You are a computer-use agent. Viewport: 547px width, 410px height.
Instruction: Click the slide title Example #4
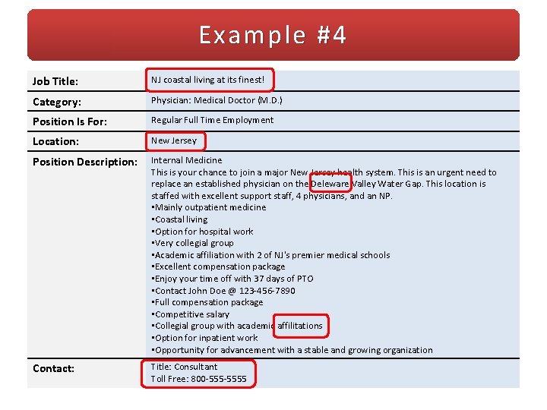[x=273, y=36]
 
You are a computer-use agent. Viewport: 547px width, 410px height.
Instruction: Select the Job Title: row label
[x=55, y=80]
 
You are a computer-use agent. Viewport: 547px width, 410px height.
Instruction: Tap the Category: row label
[x=57, y=102]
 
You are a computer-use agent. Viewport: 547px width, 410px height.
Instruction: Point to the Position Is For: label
[x=69, y=121]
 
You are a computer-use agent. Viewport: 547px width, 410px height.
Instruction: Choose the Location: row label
[x=55, y=141]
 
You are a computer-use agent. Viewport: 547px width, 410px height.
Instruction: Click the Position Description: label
[x=85, y=162]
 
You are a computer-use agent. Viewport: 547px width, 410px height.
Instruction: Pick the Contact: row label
[x=53, y=368]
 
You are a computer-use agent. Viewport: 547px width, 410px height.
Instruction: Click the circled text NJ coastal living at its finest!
[x=207, y=80]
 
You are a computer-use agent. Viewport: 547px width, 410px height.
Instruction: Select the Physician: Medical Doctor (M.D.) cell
[x=217, y=100]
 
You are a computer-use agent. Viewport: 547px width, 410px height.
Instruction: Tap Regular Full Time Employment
[x=212, y=120]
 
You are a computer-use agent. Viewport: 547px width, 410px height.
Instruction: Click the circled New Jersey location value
[x=174, y=140]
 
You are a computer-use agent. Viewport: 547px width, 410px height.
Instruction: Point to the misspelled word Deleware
[x=330, y=184]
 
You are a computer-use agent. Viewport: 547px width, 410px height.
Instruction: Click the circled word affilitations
[x=300, y=326]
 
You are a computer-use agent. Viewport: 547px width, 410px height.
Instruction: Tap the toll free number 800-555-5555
[x=219, y=379]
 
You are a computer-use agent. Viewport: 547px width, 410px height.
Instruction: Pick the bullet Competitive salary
[x=191, y=314]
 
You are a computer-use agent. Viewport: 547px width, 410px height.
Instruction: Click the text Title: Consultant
[x=184, y=367]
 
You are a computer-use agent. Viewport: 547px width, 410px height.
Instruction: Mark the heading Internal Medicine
[x=187, y=160]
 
